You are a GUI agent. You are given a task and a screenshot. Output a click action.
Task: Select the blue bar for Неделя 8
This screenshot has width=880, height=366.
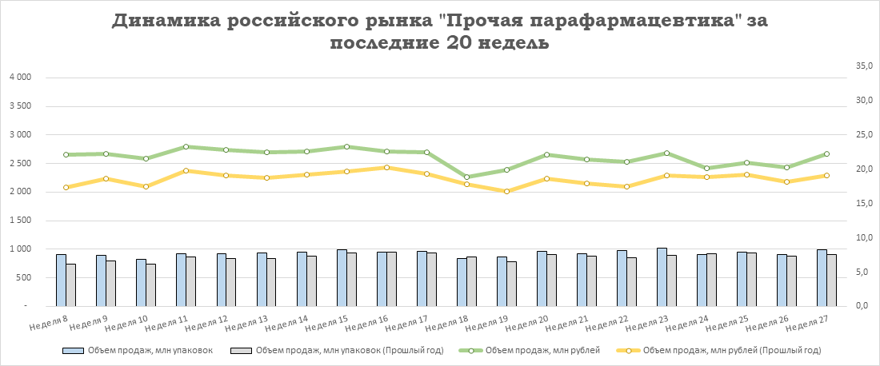tap(61, 280)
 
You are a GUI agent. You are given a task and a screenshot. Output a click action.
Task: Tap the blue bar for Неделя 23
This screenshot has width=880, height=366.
tap(662, 277)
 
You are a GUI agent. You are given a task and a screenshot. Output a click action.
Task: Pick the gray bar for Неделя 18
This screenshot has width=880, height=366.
tap(471, 281)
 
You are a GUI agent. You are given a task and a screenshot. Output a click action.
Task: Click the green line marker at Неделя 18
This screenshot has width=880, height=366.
tap(466, 177)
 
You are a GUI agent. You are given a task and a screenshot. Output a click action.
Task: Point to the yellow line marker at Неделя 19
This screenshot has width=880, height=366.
tap(506, 191)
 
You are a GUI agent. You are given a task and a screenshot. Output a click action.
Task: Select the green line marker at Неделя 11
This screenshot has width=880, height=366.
tap(186, 146)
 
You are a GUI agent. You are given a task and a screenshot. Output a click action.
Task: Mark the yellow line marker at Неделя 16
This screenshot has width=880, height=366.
tap(386, 167)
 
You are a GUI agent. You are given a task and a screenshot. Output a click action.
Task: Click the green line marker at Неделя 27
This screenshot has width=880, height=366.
tap(826, 153)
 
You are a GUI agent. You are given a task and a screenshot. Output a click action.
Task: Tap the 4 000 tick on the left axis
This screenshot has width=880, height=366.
tap(19, 78)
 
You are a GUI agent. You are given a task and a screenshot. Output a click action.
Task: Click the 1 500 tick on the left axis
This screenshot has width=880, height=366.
tap(19, 221)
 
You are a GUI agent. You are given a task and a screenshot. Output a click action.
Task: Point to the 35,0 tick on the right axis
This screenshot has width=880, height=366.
tap(863, 66)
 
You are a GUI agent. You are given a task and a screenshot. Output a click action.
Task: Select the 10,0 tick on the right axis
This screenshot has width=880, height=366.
tap(863, 238)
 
